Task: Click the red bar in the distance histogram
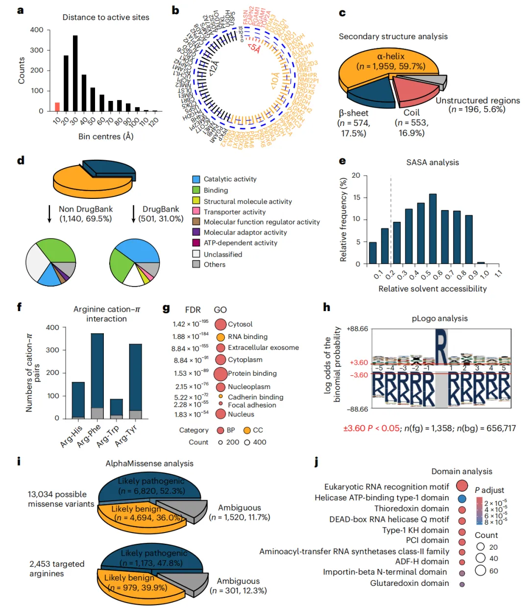pyautogui.click(x=57, y=107)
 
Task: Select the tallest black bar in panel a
pyautogui.click(x=75, y=73)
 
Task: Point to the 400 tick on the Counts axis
pyautogui.click(x=37, y=30)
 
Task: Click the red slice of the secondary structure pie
pyautogui.click(x=414, y=88)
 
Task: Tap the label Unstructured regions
pyautogui.click(x=478, y=100)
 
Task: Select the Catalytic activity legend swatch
pyautogui.click(x=196, y=179)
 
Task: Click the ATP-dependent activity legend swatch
pyautogui.click(x=196, y=243)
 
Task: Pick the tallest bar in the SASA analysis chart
pyautogui.click(x=433, y=229)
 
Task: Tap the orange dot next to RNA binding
pyautogui.click(x=220, y=337)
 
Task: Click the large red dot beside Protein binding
pyautogui.click(x=220, y=373)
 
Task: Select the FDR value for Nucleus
pyautogui.click(x=191, y=414)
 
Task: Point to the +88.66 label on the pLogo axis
pyautogui.click(x=357, y=329)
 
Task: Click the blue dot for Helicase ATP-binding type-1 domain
pyautogui.click(x=462, y=499)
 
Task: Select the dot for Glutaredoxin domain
pyautogui.click(x=462, y=584)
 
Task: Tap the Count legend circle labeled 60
pyautogui.click(x=481, y=570)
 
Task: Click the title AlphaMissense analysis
pyautogui.click(x=149, y=463)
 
